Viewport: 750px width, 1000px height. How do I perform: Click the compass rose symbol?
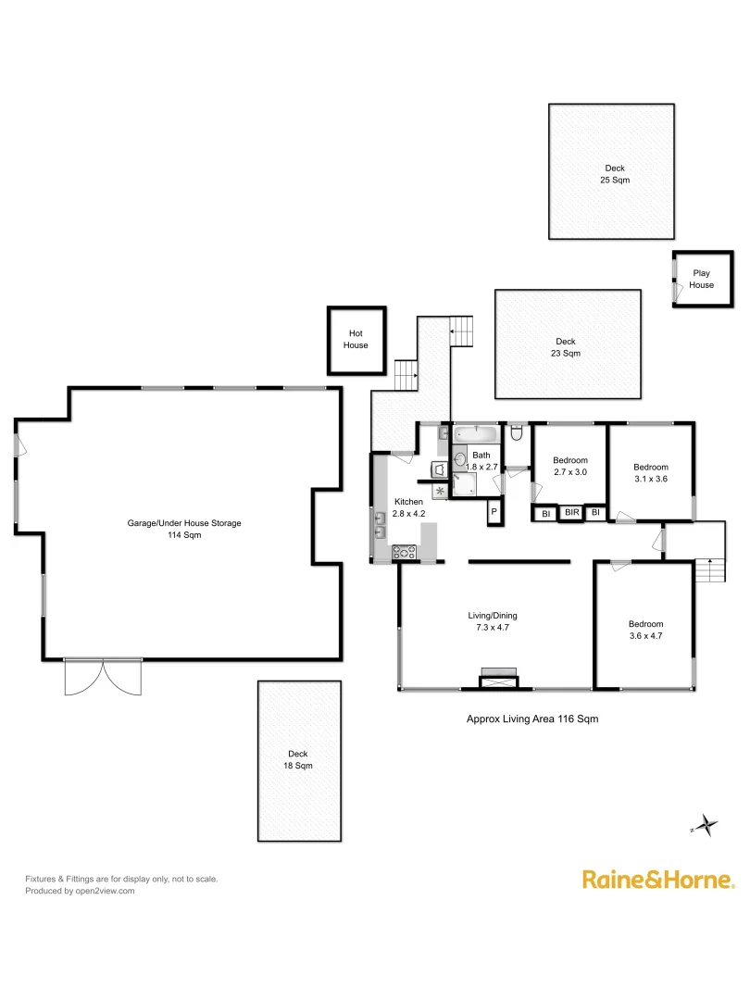pos(706,824)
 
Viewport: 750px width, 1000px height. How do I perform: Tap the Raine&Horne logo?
pos(658,880)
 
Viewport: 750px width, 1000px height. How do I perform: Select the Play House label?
pos(701,279)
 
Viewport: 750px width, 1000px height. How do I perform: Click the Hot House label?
pos(356,340)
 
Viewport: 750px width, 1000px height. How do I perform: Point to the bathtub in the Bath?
pos(475,433)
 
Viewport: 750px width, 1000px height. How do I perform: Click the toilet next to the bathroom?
pos(517,433)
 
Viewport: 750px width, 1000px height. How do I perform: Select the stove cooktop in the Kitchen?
pos(405,553)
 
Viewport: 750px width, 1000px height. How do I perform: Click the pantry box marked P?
pos(494,512)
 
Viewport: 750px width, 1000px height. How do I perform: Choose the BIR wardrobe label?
pos(571,512)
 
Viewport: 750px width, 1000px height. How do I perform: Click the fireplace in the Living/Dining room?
pos(497,680)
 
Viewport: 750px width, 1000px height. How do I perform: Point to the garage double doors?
pos(104,676)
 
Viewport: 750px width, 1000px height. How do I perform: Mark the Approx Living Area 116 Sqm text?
pos(526,718)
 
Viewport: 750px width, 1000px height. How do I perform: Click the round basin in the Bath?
pos(460,459)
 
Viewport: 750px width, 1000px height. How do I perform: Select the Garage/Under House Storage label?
pos(184,529)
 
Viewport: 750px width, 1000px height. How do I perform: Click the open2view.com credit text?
pos(80,891)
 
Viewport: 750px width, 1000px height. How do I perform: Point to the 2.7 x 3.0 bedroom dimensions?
pos(569,472)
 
